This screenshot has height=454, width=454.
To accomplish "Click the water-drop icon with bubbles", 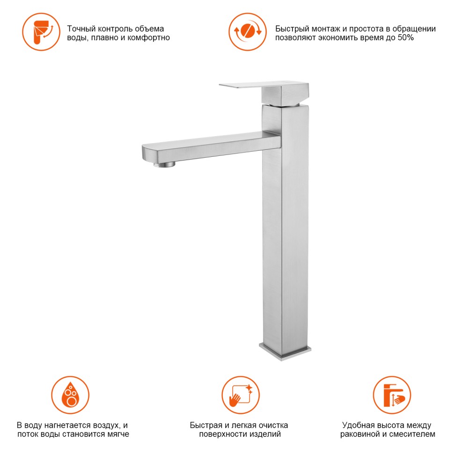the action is coord(70,395).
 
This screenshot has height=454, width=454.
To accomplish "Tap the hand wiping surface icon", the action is coord(241,395).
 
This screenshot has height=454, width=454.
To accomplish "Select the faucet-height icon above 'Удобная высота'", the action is coord(392,395).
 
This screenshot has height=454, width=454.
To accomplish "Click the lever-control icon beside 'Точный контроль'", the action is coord(41,32).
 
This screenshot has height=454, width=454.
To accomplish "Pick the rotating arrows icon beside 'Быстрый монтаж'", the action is coord(248,32).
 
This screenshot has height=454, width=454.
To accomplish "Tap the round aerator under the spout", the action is coord(165,164).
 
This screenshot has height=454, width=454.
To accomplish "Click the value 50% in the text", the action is coord(406,37).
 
